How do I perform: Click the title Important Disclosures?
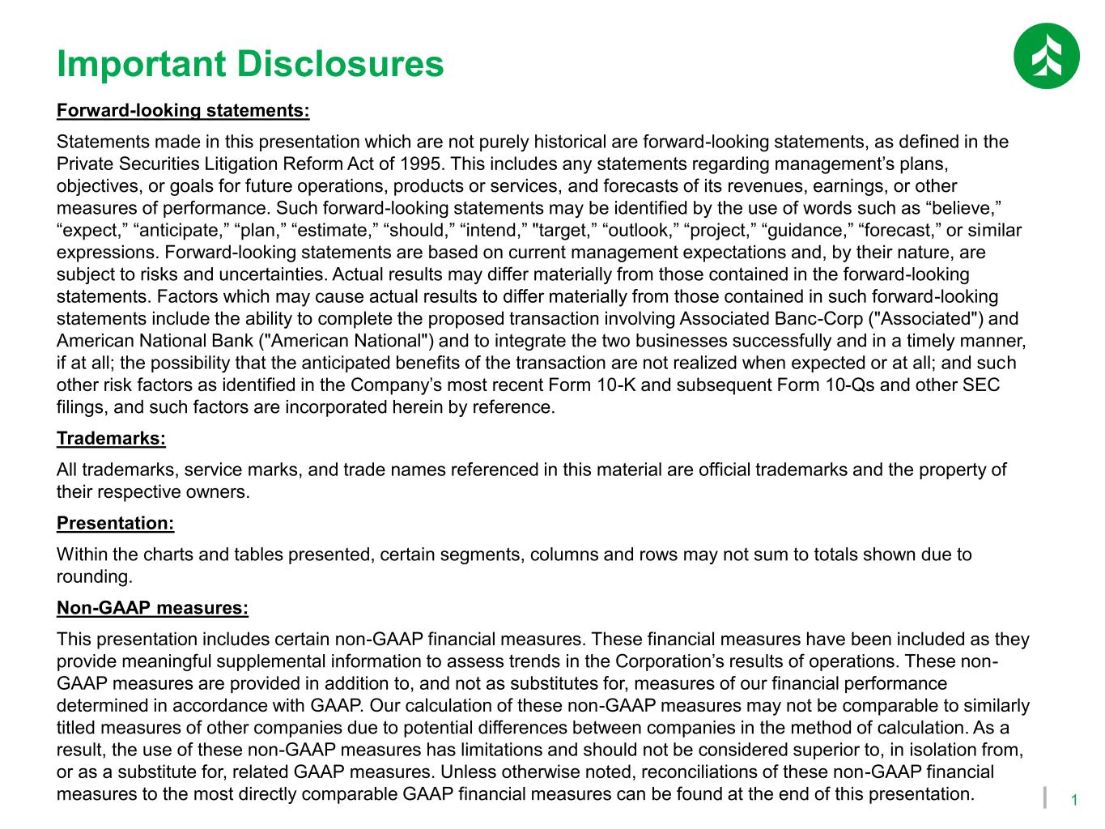coord(250,64)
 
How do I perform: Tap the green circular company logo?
coord(1046,55)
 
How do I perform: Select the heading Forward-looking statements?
coord(183,110)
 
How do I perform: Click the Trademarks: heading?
coord(111,439)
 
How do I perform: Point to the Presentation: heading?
coord(115,524)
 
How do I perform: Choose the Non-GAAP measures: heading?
coord(152,608)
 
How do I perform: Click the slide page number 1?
coord(1073,801)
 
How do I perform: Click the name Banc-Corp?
coord(818,319)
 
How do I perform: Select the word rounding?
coord(94,577)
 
